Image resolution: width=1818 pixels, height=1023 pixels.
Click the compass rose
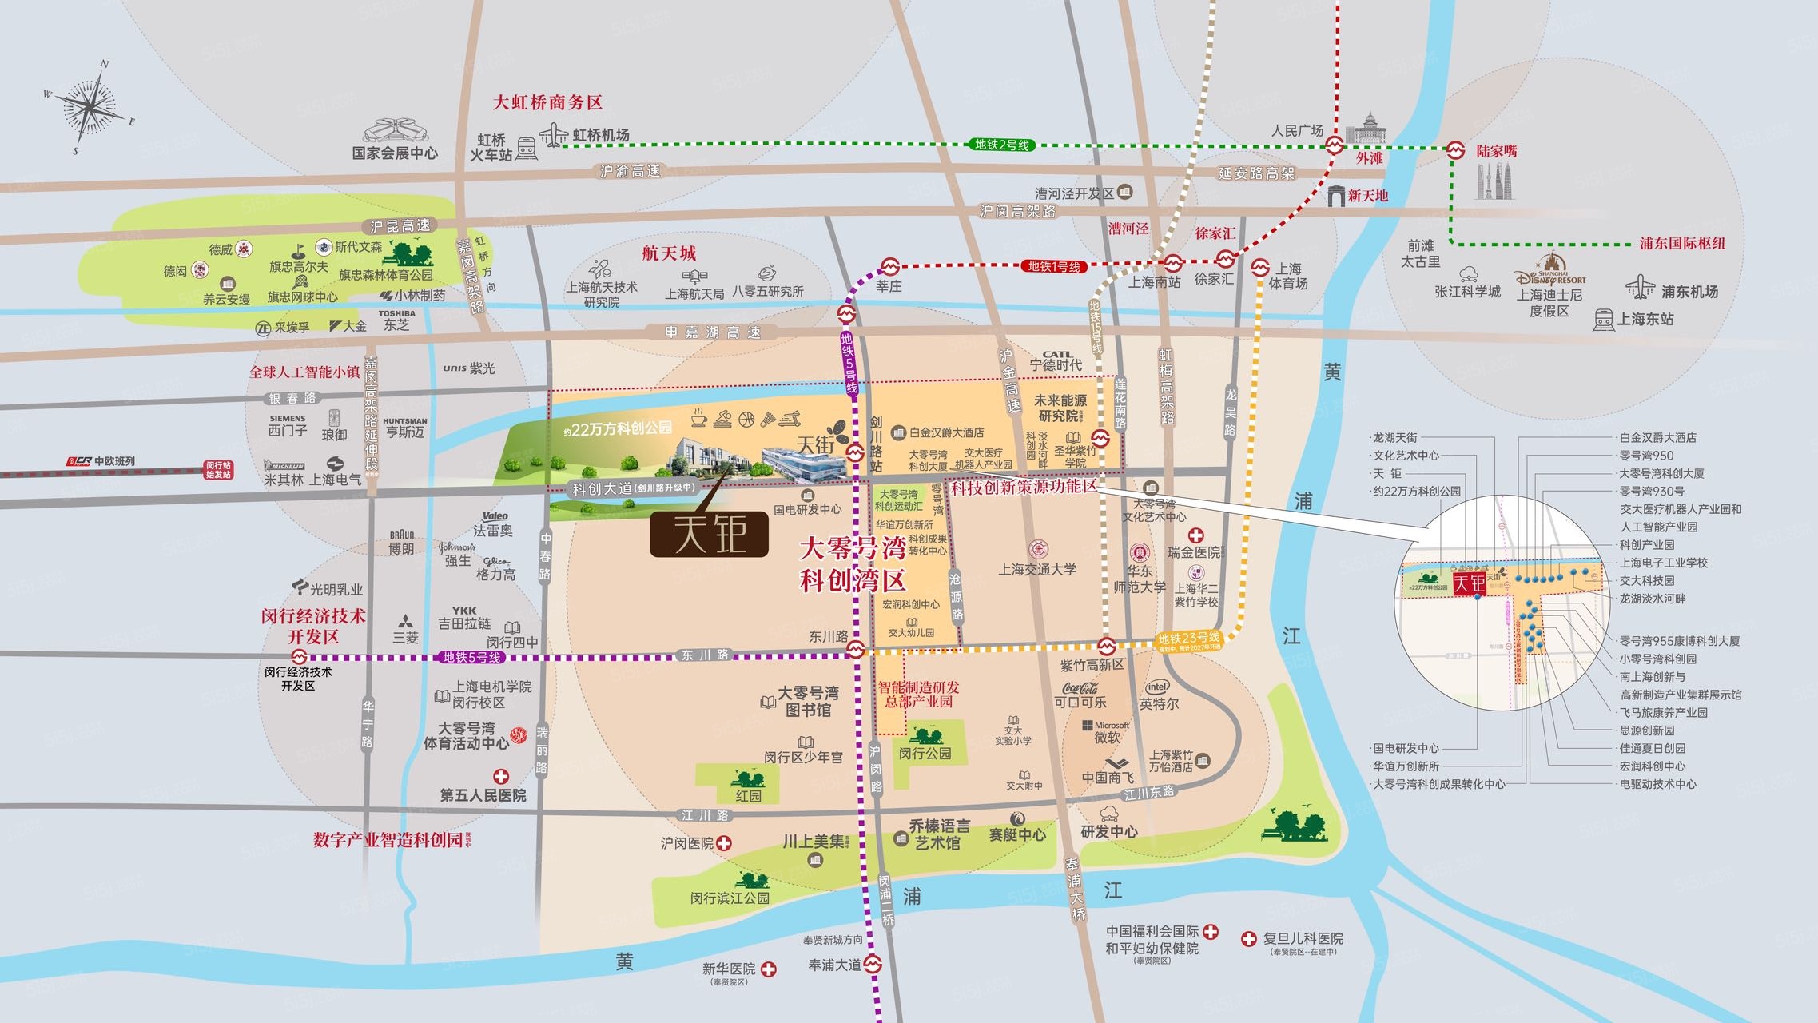[90, 106]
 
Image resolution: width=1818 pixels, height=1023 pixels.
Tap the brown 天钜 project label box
[709, 534]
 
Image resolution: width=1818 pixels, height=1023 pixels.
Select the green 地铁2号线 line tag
[1002, 145]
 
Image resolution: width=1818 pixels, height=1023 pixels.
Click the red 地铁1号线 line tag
[1053, 266]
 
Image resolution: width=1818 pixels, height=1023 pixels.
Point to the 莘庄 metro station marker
[889, 267]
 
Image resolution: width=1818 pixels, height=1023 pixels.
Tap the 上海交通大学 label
[1037, 569]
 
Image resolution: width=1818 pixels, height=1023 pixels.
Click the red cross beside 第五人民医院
[500, 776]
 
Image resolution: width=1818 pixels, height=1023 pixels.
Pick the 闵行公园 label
[925, 753]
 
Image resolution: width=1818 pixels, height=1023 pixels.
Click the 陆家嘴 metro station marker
[1456, 149]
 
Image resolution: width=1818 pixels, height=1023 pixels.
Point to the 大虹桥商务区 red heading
[547, 102]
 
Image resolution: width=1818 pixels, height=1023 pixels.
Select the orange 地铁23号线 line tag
[1189, 638]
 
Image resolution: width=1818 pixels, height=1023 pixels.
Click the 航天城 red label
[669, 253]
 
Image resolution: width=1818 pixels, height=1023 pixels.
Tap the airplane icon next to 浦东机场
[1640, 287]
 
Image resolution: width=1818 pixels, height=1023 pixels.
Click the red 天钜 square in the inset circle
[1469, 583]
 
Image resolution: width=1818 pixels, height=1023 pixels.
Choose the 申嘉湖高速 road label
[713, 332]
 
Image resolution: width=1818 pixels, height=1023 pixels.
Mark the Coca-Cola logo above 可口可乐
[1080, 687]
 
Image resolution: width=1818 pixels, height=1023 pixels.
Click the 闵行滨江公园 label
[730, 898]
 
